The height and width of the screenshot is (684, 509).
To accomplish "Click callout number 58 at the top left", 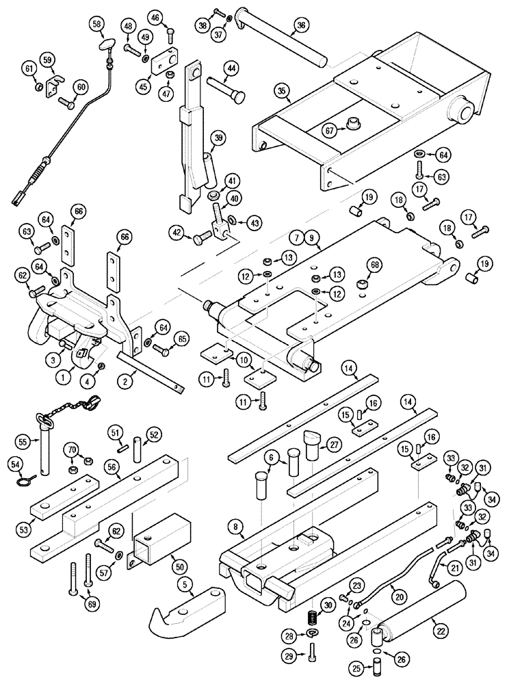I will [x=97, y=25].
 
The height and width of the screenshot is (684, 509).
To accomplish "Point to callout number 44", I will [x=231, y=68].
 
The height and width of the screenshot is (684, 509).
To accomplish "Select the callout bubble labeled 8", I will [x=235, y=527].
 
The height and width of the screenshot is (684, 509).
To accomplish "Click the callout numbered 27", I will [x=334, y=445].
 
